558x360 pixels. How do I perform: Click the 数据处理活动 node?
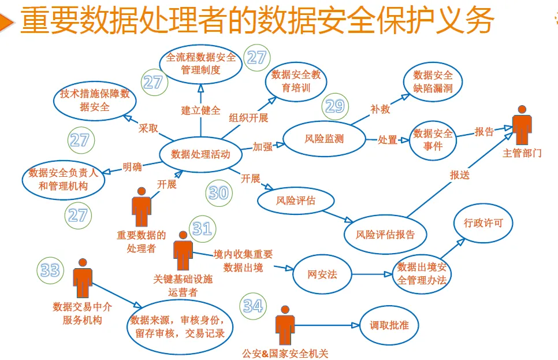click(x=200, y=154)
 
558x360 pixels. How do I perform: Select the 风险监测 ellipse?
click(x=324, y=139)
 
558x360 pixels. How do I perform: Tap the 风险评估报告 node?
click(x=385, y=235)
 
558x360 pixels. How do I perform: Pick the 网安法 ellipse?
click(x=322, y=274)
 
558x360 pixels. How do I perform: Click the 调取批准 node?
click(x=389, y=326)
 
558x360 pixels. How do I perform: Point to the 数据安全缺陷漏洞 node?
click(x=433, y=82)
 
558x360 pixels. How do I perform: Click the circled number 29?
click(x=335, y=106)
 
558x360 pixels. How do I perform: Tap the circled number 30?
click(x=218, y=192)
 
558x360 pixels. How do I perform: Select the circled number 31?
click(x=202, y=229)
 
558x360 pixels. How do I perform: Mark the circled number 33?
click(x=50, y=270)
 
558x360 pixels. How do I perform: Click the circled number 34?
click(x=253, y=306)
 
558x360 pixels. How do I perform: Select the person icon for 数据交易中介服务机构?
click(x=83, y=279)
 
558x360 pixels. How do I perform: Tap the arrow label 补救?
click(x=380, y=107)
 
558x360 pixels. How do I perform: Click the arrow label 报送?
click(x=460, y=175)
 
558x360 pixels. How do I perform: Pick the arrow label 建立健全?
click(x=200, y=110)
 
